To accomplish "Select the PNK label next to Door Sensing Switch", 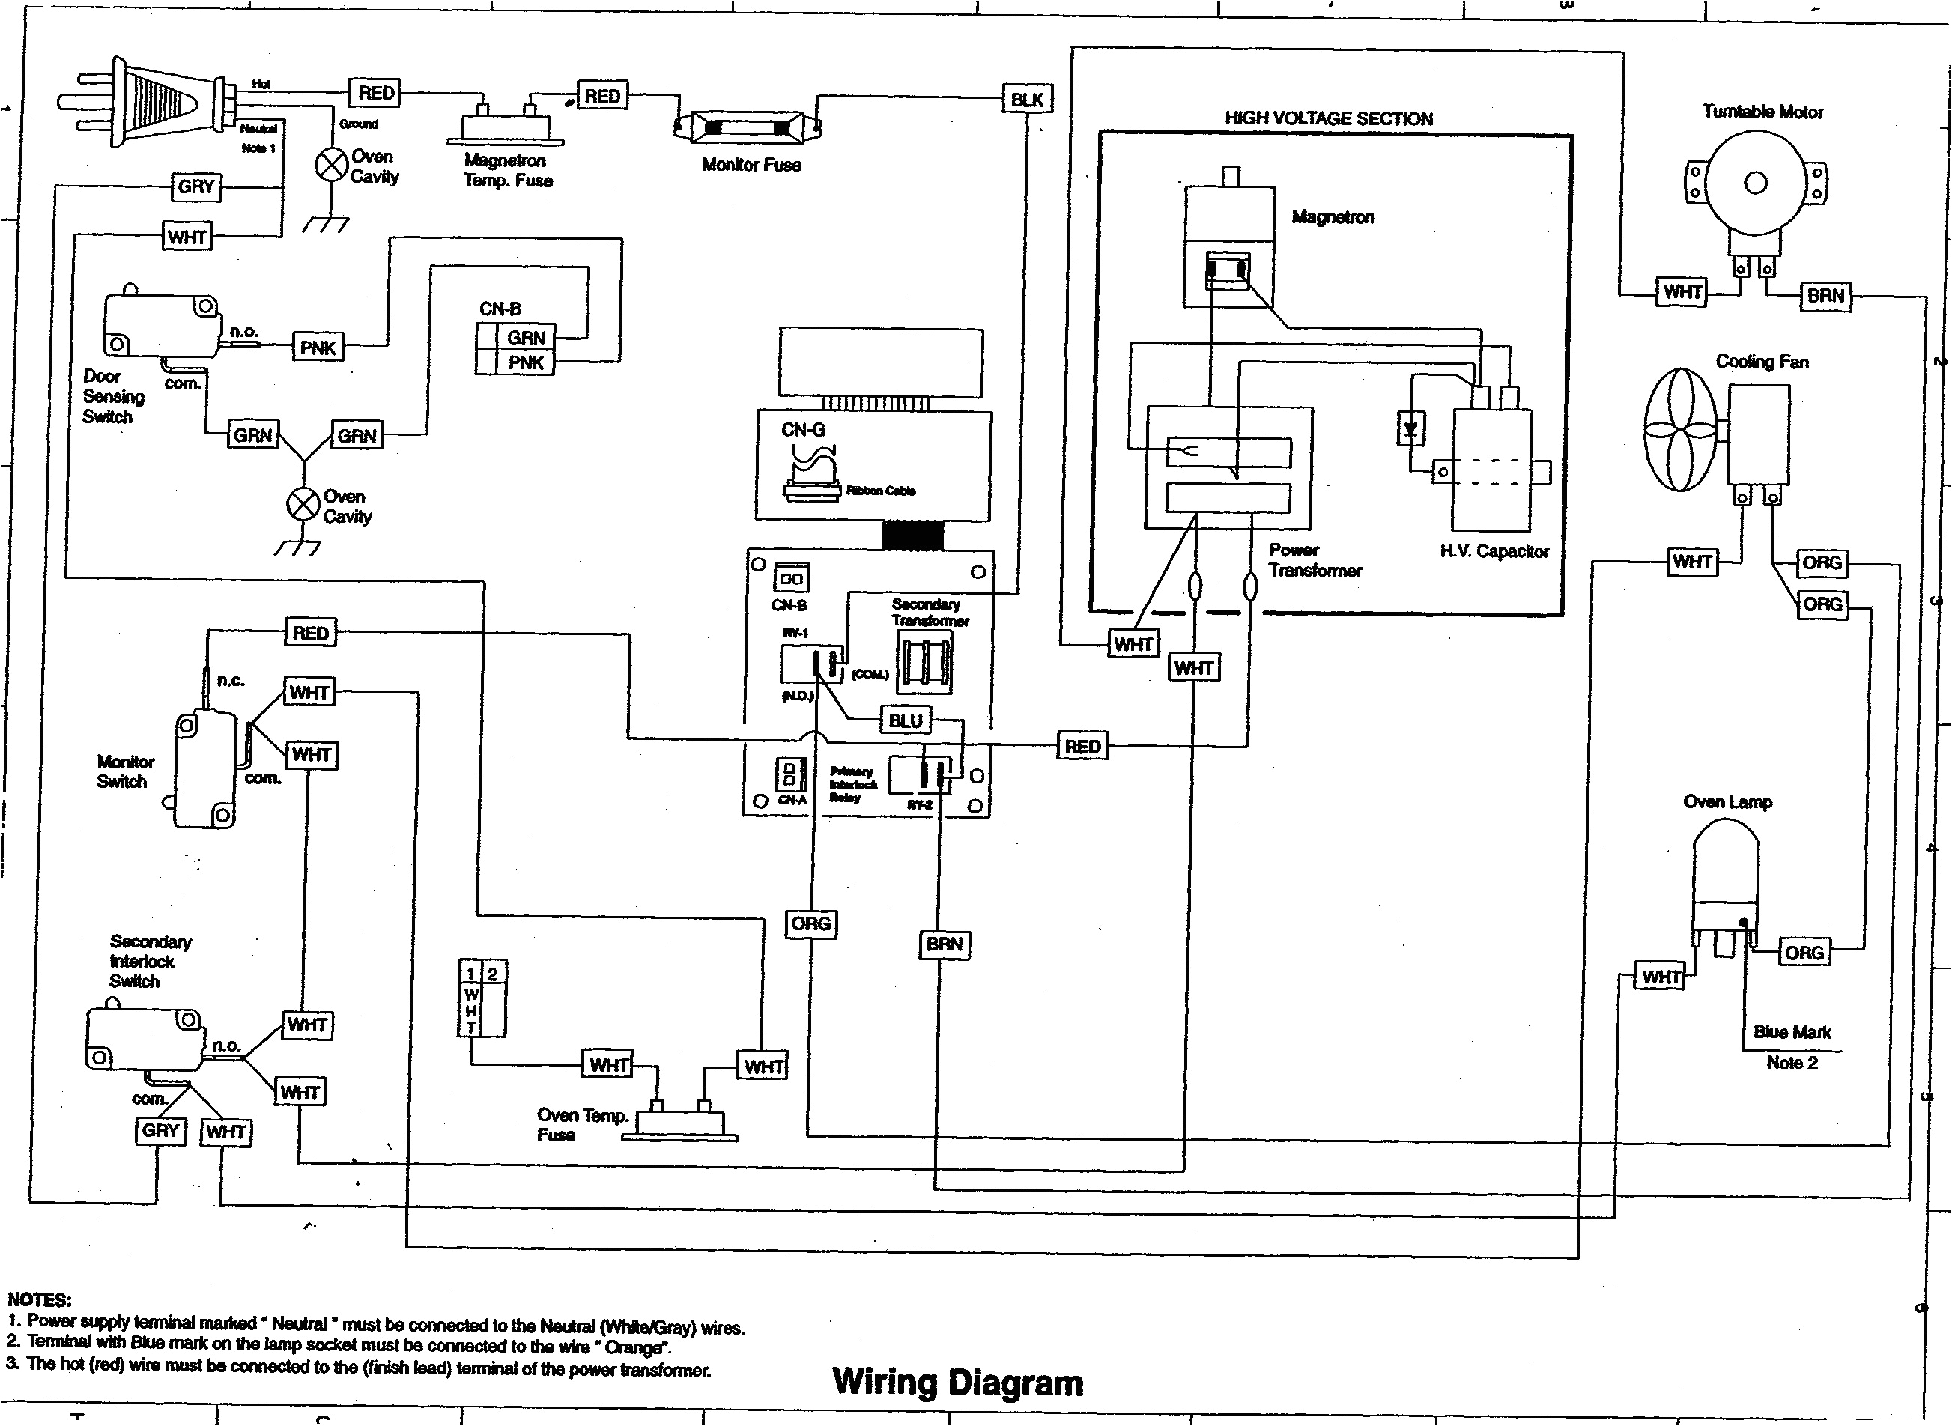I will click(318, 348).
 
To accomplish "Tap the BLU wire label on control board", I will click(905, 720).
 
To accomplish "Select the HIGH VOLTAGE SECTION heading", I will click(1328, 119).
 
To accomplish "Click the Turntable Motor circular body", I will click(1755, 183).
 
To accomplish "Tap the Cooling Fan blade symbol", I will click(1680, 430).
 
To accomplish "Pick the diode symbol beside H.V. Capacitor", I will click(1410, 428).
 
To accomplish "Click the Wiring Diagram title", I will click(957, 1382).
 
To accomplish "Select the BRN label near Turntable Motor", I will click(1825, 296).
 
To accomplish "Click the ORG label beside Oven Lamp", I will click(1804, 953).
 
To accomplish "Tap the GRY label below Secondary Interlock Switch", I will click(160, 1131).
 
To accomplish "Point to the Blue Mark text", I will click(1792, 1032).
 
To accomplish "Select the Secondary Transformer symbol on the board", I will click(924, 662).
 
